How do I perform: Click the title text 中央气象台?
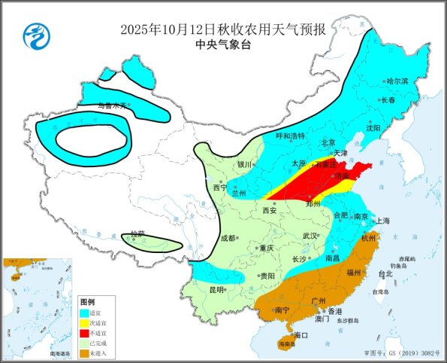(x=222, y=44)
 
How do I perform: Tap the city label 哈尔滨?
(x=397, y=81)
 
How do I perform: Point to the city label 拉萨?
(x=135, y=235)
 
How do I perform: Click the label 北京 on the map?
(x=328, y=142)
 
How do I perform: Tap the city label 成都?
(x=228, y=237)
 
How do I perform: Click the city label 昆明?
(x=216, y=290)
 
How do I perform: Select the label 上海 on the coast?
(x=382, y=221)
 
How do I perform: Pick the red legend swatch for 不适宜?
(x=86, y=332)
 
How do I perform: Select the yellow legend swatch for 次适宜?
(x=86, y=322)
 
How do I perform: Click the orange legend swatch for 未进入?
(x=86, y=352)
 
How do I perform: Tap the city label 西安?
(x=268, y=210)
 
